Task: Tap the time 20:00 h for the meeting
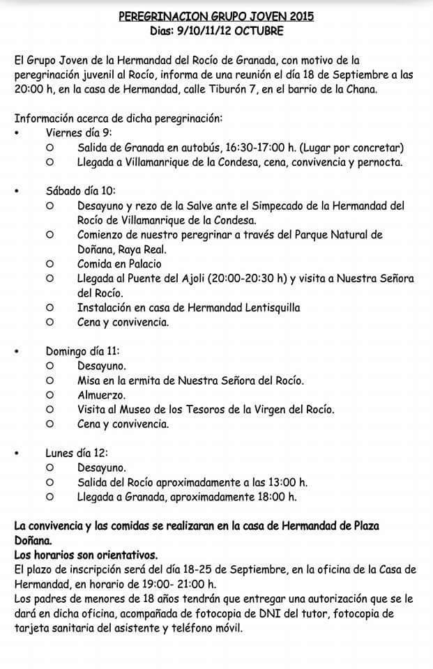34,91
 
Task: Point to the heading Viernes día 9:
79,132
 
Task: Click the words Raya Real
143,249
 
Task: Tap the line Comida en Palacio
119,263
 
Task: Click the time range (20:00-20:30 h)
243,278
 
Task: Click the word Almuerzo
102,394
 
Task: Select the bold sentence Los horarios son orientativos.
86,555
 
